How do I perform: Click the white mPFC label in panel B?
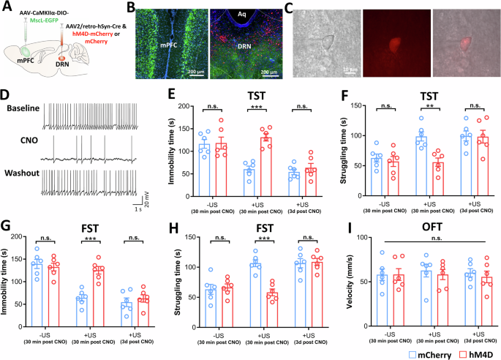click(170, 53)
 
